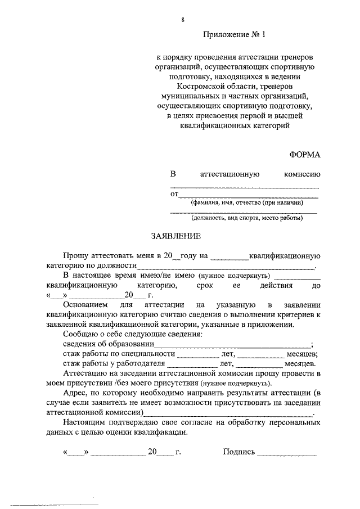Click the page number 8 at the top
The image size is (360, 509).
pyautogui.click(x=182, y=21)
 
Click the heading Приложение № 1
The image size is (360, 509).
pyautogui.click(x=233, y=35)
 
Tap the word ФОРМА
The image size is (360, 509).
pyautogui.click(x=304, y=154)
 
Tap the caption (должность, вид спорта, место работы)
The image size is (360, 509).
pyautogui.click(x=246, y=218)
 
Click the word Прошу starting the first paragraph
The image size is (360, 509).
pyautogui.click(x=77, y=256)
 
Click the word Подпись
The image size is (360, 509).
pyautogui.click(x=239, y=452)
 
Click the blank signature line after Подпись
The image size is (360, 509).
pyautogui.click(x=287, y=453)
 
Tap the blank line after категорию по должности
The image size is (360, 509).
pyautogui.click(x=226, y=267)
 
